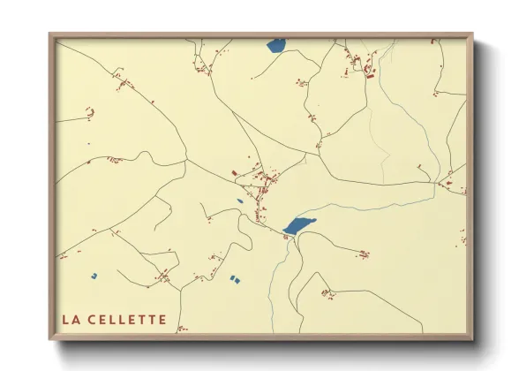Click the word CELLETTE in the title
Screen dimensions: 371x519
coord(127,319)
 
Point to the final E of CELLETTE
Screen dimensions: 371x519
coord(162,319)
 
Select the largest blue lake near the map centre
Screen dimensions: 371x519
coord(299,226)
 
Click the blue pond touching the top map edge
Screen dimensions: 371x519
coord(275,44)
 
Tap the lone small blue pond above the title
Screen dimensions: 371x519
coord(93,276)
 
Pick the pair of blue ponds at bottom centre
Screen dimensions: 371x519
coord(234,278)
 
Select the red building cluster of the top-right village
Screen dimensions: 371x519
coord(362,64)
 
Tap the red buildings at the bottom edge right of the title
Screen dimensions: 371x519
coord(181,329)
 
